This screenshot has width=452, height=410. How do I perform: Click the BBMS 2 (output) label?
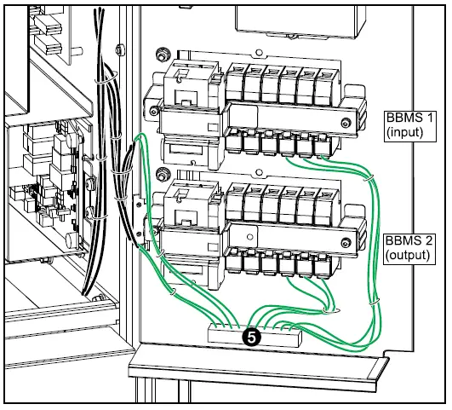(x=405, y=248)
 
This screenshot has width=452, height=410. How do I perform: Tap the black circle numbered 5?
(x=252, y=337)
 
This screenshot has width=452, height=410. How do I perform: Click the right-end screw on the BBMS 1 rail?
(x=345, y=124)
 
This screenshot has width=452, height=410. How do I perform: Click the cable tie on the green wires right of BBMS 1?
(x=371, y=176)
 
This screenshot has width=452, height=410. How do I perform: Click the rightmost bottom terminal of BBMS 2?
(x=323, y=265)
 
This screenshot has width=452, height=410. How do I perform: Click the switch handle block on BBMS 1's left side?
(x=192, y=90)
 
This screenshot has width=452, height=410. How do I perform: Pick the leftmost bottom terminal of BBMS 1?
(x=236, y=146)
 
